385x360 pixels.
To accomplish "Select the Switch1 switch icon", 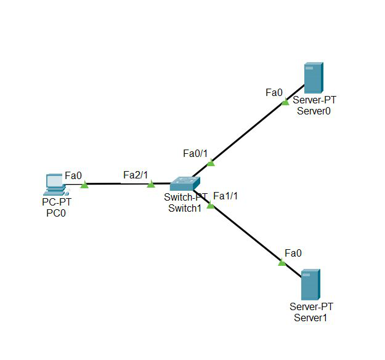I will coord(185,183).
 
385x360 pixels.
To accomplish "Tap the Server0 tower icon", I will coord(314,78).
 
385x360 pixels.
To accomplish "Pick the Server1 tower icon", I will coord(310,285).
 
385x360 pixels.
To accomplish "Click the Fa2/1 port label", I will coord(136,175).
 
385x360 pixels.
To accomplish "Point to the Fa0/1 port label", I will coord(196,153).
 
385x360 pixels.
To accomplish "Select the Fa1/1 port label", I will coord(225,196).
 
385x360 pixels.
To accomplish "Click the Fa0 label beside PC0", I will coord(73,175).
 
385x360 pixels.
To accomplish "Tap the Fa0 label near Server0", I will coord(274,92).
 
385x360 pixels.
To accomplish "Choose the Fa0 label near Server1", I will coord(293,253).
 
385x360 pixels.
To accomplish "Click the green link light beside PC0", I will coord(84,184).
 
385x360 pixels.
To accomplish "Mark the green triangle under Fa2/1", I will coord(151,184).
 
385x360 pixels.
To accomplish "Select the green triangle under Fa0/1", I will coord(211,162).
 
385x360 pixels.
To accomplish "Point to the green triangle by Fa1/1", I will coord(211,205).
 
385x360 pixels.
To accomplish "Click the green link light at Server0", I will coord(285,102).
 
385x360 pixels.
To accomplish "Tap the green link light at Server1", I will coord(282,262).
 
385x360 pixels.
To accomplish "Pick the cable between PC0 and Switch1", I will coord(117,183).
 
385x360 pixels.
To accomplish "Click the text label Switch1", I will coord(185,208).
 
